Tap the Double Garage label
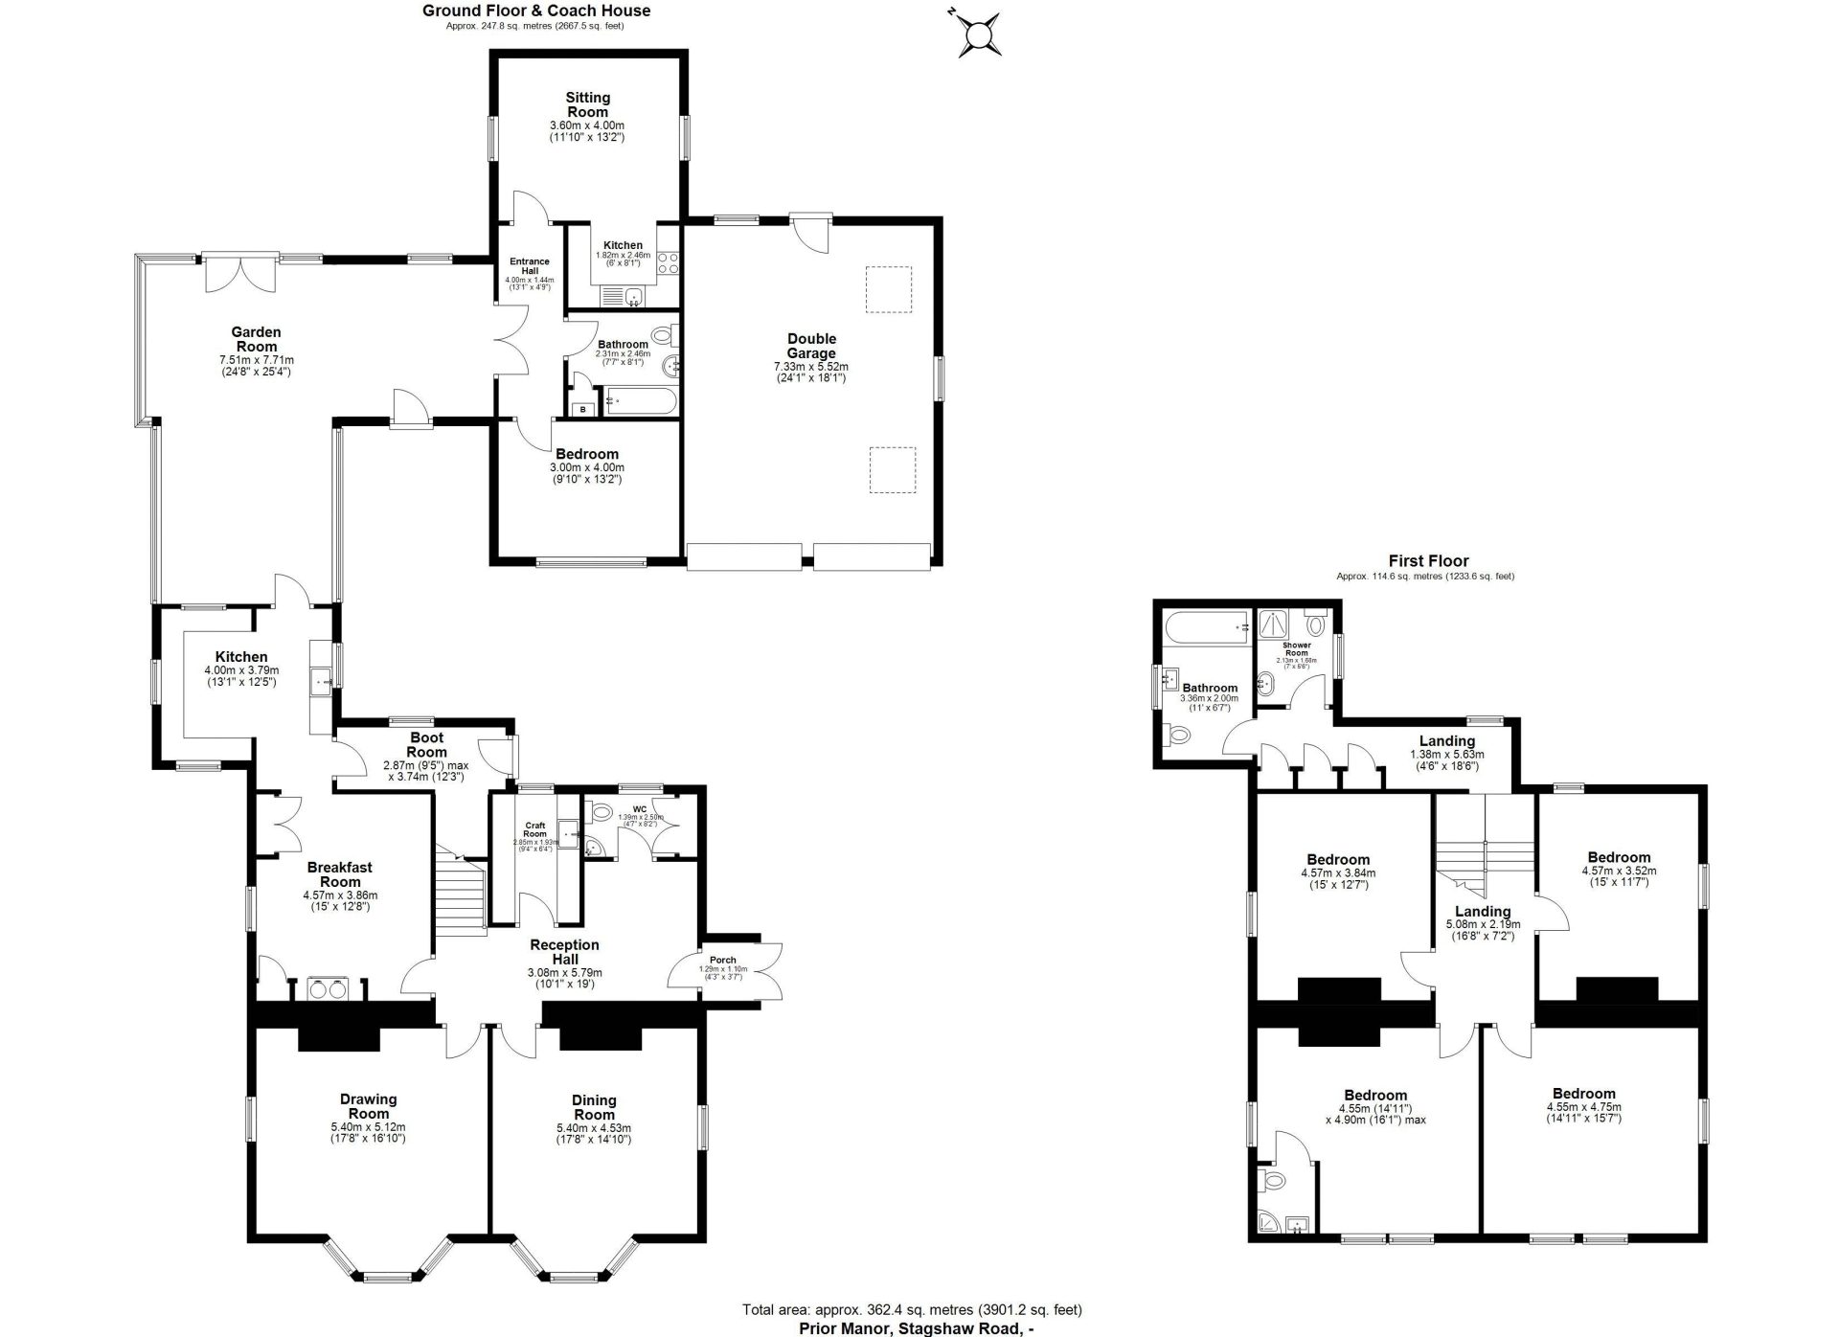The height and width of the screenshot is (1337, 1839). (811, 346)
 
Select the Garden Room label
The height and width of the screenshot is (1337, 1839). (256, 340)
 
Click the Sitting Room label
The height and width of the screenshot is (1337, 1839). (587, 104)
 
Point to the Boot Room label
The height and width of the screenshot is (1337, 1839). (426, 745)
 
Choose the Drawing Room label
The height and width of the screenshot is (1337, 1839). (368, 1106)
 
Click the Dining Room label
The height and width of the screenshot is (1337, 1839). (594, 1107)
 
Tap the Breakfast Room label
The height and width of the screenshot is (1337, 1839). (340, 874)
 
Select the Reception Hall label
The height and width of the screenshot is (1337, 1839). (564, 951)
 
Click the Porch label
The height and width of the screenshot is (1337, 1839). (723, 960)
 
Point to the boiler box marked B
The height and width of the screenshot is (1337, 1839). (583, 410)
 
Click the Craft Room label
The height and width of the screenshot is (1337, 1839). (534, 829)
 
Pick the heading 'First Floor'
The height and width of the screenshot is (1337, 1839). (1428, 561)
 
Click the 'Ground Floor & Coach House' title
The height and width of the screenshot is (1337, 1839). (536, 11)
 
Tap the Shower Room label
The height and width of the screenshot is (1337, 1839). (1297, 648)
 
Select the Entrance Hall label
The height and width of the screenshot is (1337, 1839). (530, 265)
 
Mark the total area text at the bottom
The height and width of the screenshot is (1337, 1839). (912, 1309)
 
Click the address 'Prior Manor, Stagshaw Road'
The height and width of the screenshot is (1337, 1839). (917, 1327)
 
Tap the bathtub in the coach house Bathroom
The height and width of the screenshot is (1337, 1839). (640, 401)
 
